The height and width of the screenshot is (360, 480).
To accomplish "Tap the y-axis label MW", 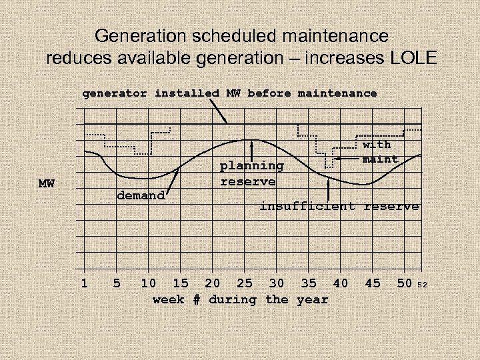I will pos(47,183).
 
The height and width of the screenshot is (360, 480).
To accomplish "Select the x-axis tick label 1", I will pos(84,283).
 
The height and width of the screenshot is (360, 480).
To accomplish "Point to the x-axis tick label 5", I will pos(117,283).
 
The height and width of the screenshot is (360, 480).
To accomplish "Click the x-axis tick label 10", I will pos(149,283).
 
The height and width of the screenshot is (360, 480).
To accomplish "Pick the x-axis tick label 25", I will pos(245,283).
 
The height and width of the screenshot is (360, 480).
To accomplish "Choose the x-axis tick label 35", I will pos(309,283).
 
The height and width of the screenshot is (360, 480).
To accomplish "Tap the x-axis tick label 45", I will pos(373,283).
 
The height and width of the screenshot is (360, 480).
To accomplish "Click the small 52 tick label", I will pos(421,285).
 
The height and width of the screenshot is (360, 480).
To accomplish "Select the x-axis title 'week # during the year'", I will pos(240,299).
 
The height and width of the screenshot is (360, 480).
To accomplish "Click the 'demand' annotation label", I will pos(141,195).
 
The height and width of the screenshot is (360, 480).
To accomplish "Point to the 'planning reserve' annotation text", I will pos(251,173).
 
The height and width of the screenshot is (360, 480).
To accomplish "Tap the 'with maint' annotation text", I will pos(377,152).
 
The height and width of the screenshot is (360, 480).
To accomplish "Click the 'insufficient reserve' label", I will pos(339,207).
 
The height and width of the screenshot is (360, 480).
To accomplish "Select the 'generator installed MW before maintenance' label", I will pos(229,93).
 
